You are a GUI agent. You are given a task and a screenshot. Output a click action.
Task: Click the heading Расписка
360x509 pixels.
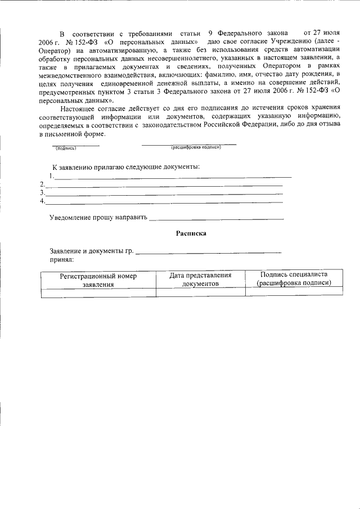[x=191, y=233]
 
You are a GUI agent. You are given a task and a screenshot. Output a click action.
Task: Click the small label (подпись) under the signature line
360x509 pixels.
[x=65, y=148]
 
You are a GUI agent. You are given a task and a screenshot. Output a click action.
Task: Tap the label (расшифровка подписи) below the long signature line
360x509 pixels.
[x=196, y=147]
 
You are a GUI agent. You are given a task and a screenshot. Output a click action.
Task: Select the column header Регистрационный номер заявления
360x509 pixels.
[x=98, y=280]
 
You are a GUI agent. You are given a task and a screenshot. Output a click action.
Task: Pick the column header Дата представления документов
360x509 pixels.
[x=200, y=279]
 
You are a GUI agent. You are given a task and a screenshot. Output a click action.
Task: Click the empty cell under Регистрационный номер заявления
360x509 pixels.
[x=98, y=292]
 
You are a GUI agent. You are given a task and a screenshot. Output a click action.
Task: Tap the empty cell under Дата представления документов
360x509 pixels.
[x=200, y=292]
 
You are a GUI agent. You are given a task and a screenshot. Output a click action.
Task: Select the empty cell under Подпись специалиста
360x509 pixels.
[x=294, y=292]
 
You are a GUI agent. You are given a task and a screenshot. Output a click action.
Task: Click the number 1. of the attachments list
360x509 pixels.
[x=52, y=176]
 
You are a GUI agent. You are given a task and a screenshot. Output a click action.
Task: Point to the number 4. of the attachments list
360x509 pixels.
[x=43, y=201]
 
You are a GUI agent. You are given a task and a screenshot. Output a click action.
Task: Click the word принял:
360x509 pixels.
[x=61, y=260]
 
